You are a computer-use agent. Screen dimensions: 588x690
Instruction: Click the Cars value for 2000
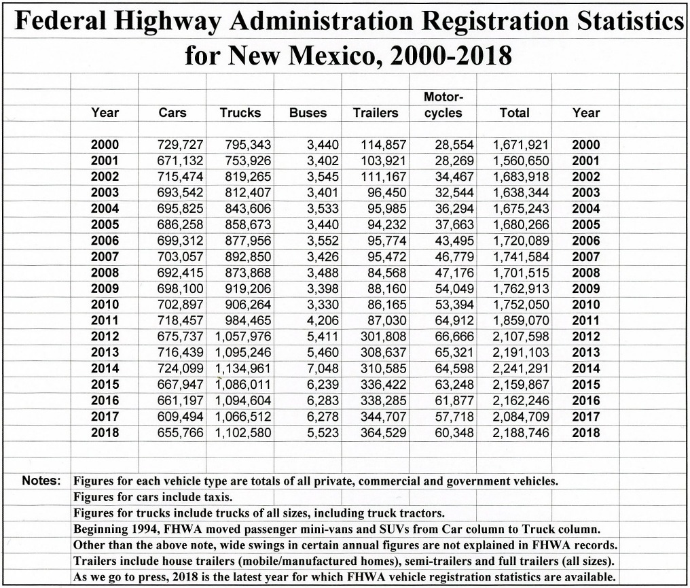180,145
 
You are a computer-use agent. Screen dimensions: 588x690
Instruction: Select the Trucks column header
240,113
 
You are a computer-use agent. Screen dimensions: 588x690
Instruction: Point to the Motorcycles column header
443,105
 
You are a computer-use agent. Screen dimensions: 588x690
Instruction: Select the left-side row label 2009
105,288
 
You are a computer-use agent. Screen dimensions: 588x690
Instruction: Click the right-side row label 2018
586,432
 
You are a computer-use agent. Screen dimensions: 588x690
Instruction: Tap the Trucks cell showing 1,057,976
244,336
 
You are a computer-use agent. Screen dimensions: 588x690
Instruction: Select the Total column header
514,113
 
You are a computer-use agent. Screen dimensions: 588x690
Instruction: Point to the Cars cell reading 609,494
180,417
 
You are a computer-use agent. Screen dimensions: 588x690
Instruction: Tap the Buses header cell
308,113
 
